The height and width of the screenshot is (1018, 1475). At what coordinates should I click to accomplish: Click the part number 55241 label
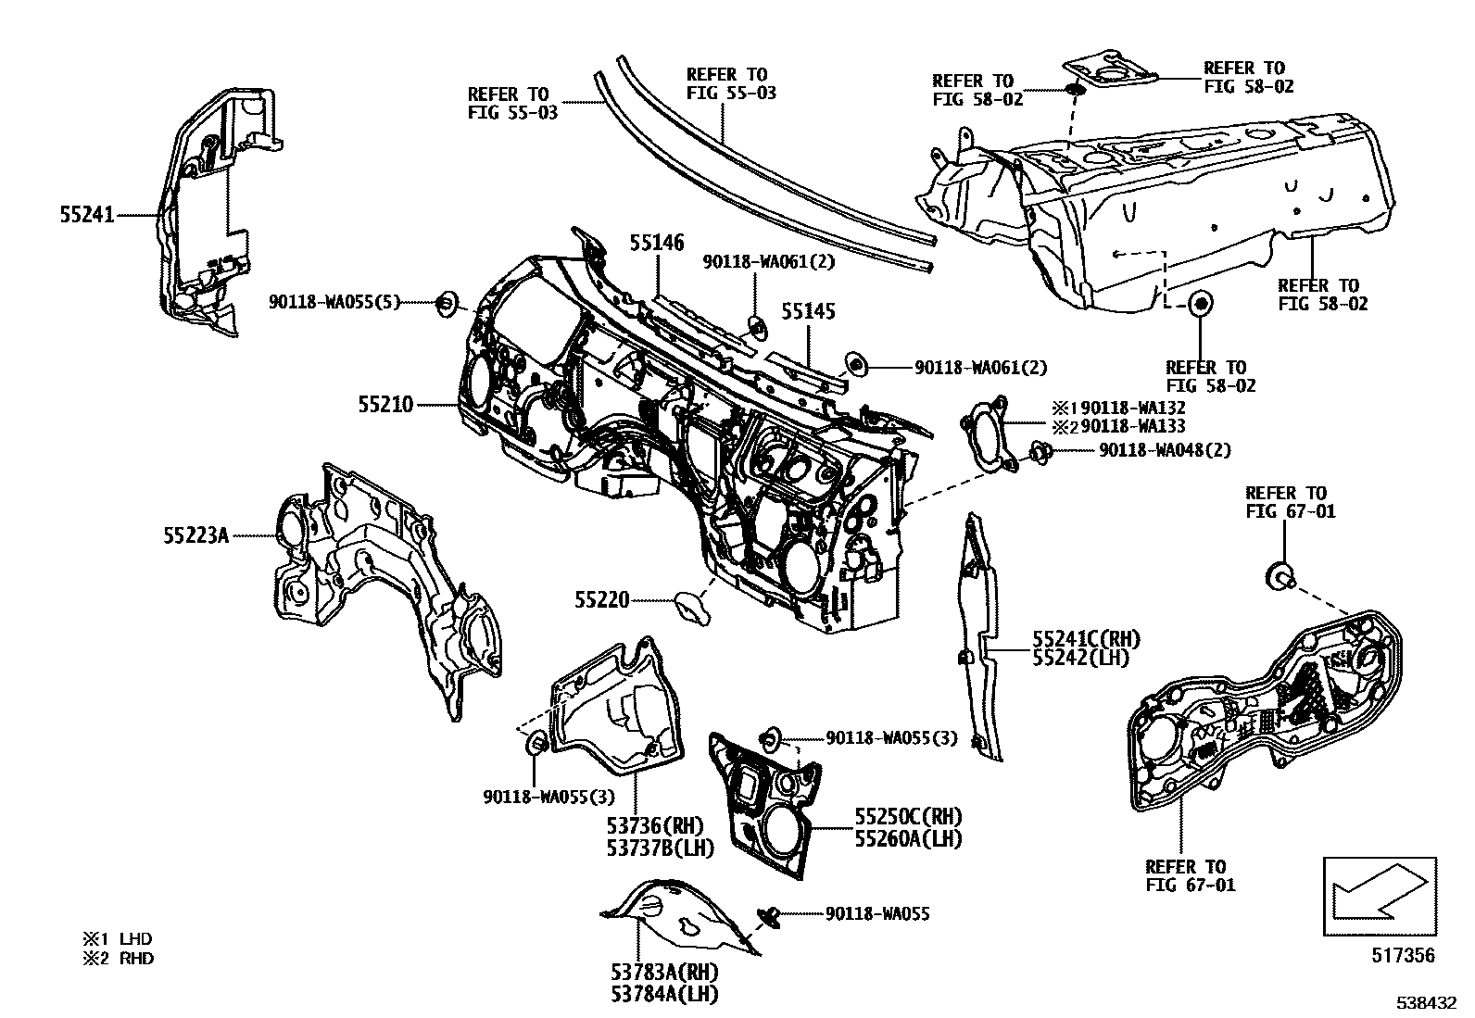(86, 215)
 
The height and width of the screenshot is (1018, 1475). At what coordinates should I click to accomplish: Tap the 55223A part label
(195, 534)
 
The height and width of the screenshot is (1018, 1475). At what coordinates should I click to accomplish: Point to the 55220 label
(601, 600)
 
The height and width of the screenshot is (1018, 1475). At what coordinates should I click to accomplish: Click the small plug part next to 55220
(691, 606)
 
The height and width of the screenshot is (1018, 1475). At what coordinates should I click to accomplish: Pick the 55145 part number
(807, 311)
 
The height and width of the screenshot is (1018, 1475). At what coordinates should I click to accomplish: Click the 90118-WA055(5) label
(334, 302)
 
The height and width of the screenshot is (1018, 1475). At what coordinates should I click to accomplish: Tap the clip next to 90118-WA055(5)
(446, 301)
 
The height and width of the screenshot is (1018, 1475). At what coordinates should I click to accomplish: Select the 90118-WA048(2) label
(1165, 450)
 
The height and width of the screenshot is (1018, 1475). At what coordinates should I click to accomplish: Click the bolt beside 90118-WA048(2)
(1039, 452)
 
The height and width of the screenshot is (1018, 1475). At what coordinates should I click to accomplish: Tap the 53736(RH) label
(655, 824)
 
